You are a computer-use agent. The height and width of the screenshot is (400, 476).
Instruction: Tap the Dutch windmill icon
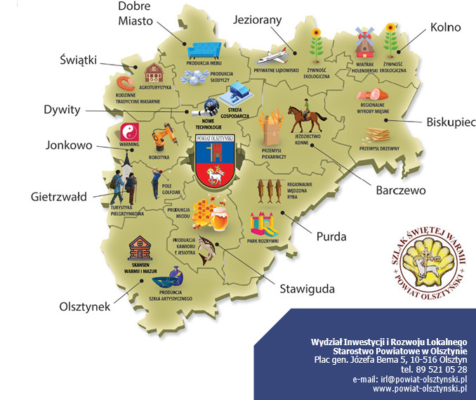(x=362, y=44)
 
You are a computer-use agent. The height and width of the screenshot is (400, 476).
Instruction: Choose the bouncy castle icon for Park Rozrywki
(x=263, y=224)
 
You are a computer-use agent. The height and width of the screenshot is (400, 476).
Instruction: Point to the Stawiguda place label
(x=307, y=289)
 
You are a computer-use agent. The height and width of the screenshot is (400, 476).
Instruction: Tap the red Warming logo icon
(x=128, y=131)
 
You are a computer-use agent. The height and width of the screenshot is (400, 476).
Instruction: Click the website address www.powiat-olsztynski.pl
(x=420, y=388)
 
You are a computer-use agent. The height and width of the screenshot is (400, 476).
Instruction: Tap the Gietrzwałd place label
(x=58, y=197)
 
